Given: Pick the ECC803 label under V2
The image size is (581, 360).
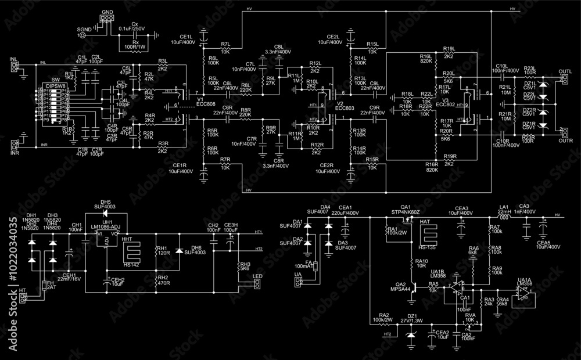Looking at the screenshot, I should pos(345,109).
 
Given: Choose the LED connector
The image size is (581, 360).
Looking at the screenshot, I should pos(257,284).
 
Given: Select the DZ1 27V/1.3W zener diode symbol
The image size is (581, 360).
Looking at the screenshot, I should pos(411,336).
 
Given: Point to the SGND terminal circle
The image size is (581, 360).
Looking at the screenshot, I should pos(81,35).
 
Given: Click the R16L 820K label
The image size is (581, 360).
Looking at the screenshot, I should pos(425,58).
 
